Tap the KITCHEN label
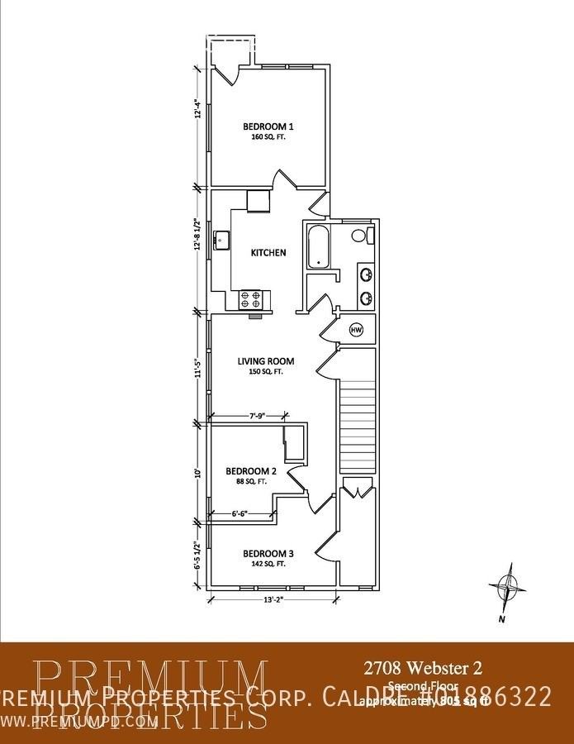[269, 252]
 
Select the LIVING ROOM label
[266, 361]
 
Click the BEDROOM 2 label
[246, 471]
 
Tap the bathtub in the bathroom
[318, 246]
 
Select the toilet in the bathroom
[359, 236]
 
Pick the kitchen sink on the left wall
[221, 241]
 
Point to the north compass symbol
[507, 589]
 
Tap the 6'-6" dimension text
[235, 513]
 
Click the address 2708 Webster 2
[423, 666]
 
